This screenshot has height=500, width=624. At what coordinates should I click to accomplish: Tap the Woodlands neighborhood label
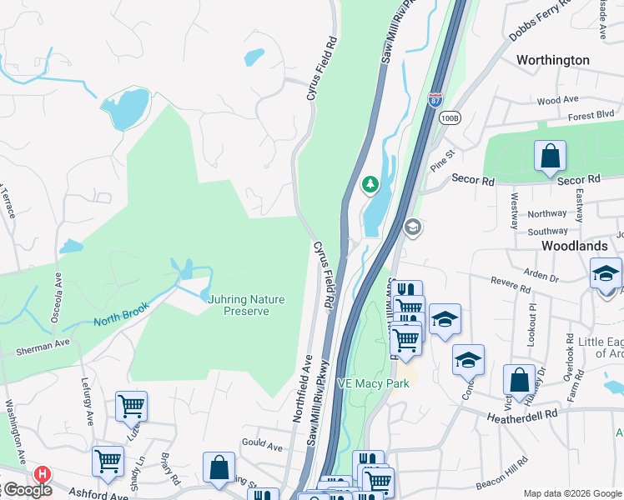[574, 247]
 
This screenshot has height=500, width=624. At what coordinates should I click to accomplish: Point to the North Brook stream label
[121, 313]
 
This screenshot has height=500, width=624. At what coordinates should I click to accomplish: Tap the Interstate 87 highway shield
[435, 100]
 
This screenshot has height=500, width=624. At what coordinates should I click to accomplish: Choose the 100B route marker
[450, 117]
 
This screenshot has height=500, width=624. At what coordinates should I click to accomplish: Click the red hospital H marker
[42, 474]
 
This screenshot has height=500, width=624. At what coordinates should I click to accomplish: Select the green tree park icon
[368, 184]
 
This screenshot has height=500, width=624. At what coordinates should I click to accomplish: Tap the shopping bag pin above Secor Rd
[551, 156]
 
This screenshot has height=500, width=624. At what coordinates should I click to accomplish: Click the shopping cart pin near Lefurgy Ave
[132, 407]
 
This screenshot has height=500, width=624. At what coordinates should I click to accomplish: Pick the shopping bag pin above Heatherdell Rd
[519, 380]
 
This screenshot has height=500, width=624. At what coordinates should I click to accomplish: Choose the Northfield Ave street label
[302, 387]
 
